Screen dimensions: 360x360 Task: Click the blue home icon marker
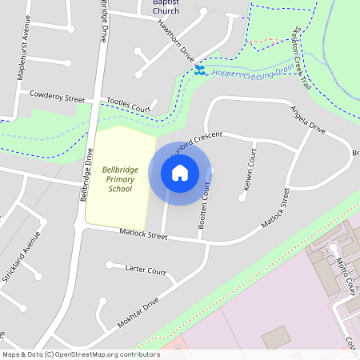coord(180,172)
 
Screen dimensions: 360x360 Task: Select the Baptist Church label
coord(166,6)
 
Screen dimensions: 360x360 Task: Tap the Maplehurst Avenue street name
coord(22,57)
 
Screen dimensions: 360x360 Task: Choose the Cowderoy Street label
coord(57,96)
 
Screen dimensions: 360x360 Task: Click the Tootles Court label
coord(129,105)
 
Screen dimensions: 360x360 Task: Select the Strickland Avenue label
coord(22,256)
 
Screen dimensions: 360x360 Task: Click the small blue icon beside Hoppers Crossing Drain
coord(199,72)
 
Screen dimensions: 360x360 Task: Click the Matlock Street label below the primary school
coord(142,236)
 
